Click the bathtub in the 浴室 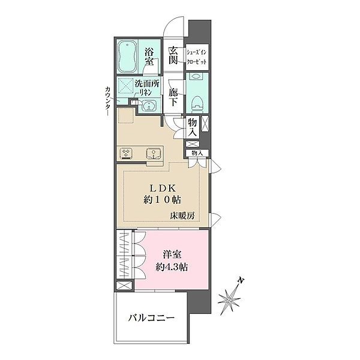click(x=127, y=58)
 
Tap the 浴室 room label click(x=150, y=57)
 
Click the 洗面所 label click(x=146, y=83)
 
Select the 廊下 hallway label click(x=173, y=98)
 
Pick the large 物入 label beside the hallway click(x=193, y=126)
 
